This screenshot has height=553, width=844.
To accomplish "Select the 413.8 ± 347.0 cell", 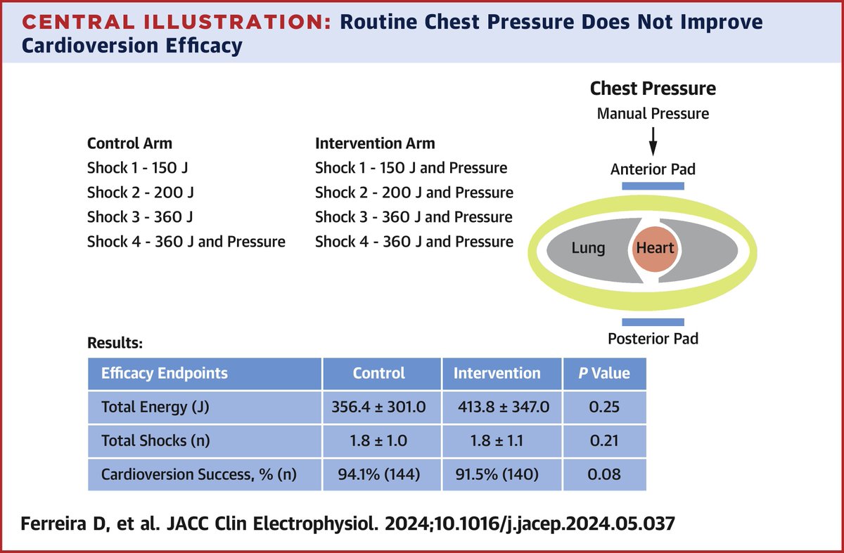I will (501, 406).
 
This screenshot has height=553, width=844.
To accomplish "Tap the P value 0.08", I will (604, 474).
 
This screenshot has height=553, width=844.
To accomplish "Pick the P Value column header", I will (604, 373).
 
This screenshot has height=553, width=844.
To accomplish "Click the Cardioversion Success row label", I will (199, 474).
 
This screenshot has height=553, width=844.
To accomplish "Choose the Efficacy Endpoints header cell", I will (165, 373).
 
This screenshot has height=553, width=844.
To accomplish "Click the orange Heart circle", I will (654, 248).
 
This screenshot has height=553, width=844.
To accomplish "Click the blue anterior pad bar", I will (653, 186).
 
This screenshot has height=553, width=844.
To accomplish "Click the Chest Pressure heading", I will (653, 89).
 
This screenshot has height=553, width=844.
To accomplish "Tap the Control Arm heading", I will (129, 143).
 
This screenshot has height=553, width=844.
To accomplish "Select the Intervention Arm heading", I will (375, 143).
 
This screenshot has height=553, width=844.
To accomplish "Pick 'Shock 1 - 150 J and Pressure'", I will (411, 168).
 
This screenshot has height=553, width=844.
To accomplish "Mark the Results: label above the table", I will (115, 344).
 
